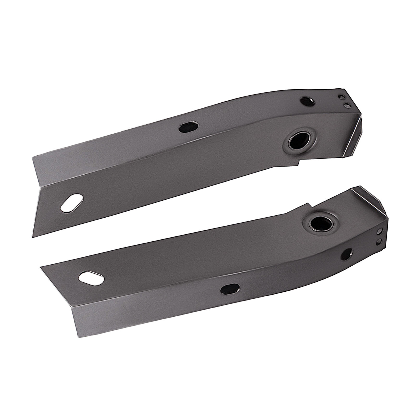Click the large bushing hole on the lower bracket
[320, 223]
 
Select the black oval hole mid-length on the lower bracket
[230, 289]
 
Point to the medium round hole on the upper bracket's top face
[308, 101]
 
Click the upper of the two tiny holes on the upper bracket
[342, 97]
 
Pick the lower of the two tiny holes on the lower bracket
[380, 241]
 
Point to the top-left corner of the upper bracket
[33, 157]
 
